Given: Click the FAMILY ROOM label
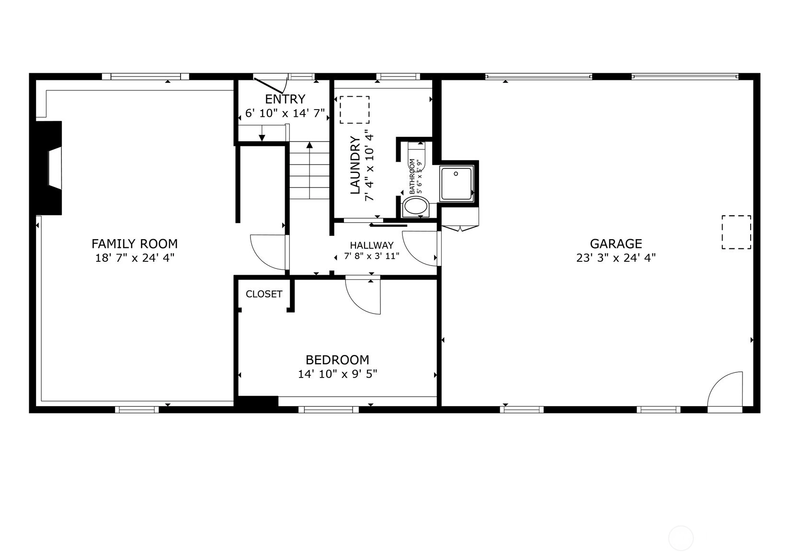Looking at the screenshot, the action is [x=135, y=244].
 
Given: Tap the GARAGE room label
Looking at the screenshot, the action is [x=616, y=244].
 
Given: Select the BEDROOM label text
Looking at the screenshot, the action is [x=337, y=359].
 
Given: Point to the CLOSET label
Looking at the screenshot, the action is [x=264, y=294].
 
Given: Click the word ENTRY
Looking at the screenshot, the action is [x=285, y=99].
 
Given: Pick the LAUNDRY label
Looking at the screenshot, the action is [x=355, y=165].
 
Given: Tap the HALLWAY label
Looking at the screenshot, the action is [x=372, y=245].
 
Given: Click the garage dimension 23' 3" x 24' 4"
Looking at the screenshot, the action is [x=616, y=258].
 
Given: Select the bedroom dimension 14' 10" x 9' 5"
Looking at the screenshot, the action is [x=337, y=374].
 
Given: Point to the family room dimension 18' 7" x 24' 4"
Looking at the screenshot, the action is [x=135, y=258].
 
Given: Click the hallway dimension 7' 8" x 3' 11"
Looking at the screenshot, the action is [x=372, y=256].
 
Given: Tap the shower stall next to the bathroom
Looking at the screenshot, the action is [x=457, y=184].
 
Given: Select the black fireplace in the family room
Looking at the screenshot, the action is [x=49, y=168].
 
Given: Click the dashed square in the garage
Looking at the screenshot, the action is [x=736, y=232].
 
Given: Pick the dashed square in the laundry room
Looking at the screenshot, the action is [x=354, y=110].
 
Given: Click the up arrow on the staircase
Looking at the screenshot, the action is [x=309, y=170].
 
